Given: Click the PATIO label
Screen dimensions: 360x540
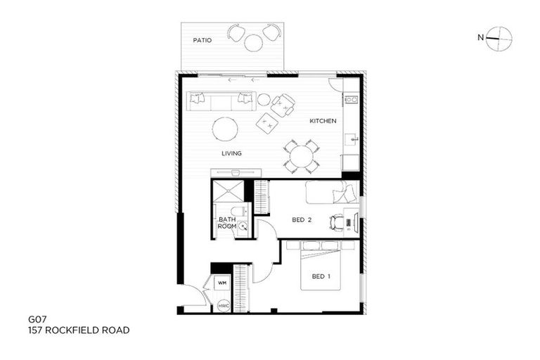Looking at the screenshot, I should pos(202,40).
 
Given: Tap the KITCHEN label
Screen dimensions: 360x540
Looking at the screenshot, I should pos(323,121).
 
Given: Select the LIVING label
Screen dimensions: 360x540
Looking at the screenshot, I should pos(231,153).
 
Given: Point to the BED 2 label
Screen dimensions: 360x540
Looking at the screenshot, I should pos(302,220).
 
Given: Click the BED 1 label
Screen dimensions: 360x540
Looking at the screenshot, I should pos(320,276).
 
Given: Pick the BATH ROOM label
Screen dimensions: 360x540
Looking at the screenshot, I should pos(227,223).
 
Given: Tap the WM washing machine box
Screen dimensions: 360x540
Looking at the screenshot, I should pos(222,283).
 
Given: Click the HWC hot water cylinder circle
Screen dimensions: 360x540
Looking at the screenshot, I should pos(224,306).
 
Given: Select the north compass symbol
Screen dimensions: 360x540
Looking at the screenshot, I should pos(499,38).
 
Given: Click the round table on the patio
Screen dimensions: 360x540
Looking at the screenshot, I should pos(253,43).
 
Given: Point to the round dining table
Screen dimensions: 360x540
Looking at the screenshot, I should pos(302,156).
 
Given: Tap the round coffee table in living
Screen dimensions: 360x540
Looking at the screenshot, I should pos(226,129).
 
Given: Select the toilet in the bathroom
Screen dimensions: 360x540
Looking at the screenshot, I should pos(237,211).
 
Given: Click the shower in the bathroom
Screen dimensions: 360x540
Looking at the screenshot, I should pos(229,191).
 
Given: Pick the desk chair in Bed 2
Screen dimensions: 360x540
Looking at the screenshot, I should pos(336,223).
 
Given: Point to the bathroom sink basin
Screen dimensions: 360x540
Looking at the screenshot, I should pos(243,226).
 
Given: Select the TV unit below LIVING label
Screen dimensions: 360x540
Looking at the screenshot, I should pos(236,173).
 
